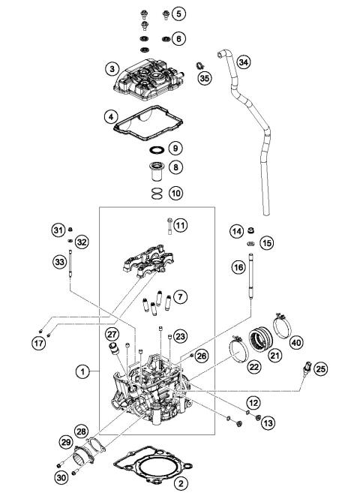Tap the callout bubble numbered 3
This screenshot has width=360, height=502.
(x=111, y=69)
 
